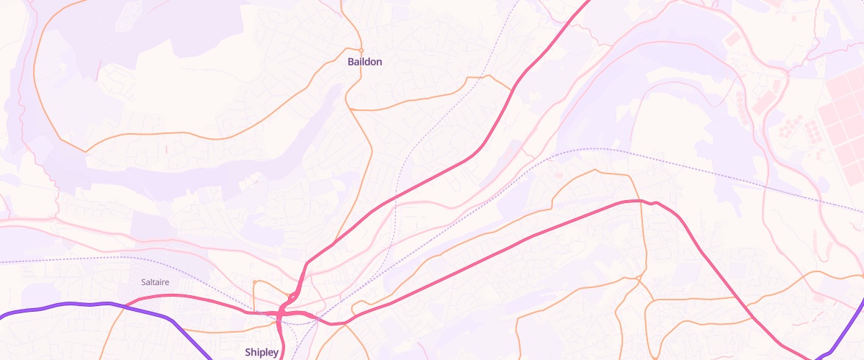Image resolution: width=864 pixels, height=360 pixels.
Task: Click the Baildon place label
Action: click(364, 62)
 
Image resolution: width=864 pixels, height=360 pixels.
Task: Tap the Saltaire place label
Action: click(155, 282)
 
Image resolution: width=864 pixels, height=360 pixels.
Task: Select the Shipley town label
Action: click(261, 352)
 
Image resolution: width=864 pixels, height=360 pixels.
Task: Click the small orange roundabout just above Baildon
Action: click(360, 50)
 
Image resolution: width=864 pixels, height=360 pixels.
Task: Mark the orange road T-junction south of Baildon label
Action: click(349, 107)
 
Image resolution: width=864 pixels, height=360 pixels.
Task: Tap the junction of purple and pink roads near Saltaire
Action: click(124, 306)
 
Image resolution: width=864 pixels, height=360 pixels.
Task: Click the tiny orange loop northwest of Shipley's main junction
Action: click(291, 296)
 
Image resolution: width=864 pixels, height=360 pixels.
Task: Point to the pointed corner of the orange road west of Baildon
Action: click(86, 151)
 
